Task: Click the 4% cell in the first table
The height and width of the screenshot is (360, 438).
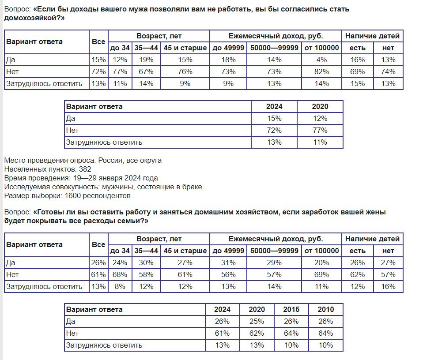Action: click(x=321, y=60)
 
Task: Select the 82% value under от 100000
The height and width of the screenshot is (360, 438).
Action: click(x=321, y=72)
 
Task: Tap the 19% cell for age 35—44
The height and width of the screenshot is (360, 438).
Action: click(x=146, y=60)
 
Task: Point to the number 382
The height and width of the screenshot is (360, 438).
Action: click(x=85, y=169)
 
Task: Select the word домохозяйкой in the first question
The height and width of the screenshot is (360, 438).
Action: click(x=32, y=18)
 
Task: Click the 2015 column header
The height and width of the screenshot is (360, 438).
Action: click(x=291, y=310)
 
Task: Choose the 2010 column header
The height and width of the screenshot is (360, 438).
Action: click(x=326, y=310)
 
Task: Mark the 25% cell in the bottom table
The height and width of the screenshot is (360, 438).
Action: click(x=257, y=322)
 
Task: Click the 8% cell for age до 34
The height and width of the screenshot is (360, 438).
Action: click(x=120, y=287)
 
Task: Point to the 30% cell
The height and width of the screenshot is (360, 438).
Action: click(x=146, y=263)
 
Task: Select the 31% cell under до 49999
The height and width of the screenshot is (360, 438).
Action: click(x=228, y=263)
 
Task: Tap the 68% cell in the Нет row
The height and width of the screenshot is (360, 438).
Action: click(x=120, y=274)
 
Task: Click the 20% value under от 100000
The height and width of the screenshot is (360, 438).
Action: click(x=321, y=263)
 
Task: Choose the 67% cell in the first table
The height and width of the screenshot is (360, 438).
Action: click(x=146, y=72)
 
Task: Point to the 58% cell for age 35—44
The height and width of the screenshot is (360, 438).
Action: click(x=146, y=274)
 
